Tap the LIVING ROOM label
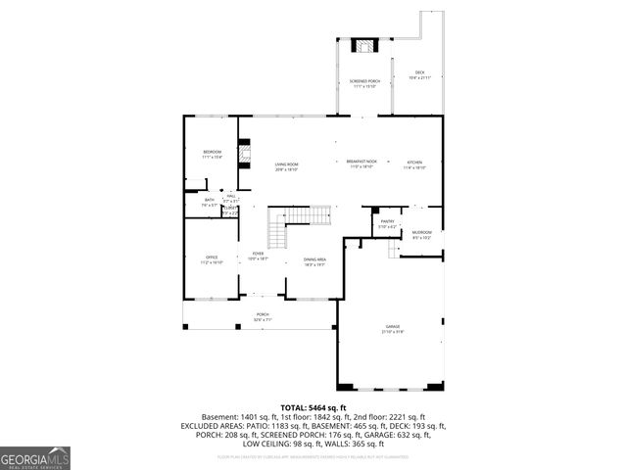click(x=286, y=165)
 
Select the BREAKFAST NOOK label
click(x=361, y=163)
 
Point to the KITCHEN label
click(x=414, y=164)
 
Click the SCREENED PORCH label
click(x=364, y=82)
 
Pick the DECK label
click(x=419, y=73)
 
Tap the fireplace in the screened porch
click(x=364, y=46)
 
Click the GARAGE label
click(x=393, y=329)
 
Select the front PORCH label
click(x=263, y=316)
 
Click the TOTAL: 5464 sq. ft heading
click(x=313, y=407)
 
